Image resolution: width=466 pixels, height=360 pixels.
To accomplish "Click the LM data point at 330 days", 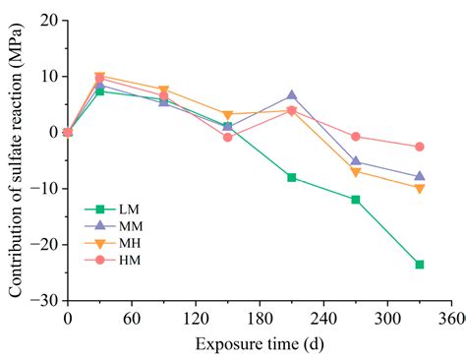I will tap(420, 265).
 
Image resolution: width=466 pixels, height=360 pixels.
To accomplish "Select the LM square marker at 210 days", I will tap(292, 177).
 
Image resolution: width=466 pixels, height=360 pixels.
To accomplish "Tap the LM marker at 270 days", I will tap(356, 200).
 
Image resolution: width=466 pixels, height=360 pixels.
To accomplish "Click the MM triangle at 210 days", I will tap(292, 95).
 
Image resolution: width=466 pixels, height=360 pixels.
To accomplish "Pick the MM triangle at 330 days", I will tap(420, 176).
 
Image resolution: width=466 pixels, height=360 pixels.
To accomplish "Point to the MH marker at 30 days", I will tap(99, 76).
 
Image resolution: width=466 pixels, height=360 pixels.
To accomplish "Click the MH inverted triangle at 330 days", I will tap(420, 188).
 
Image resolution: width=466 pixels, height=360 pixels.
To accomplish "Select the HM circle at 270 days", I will tap(356, 137).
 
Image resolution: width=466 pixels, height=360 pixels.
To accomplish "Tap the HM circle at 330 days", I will tap(420, 147).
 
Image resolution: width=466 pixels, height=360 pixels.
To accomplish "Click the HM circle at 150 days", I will tap(227, 137).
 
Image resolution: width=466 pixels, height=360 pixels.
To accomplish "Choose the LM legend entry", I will tap(117, 209).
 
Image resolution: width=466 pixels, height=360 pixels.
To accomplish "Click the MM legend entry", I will tap(117, 225).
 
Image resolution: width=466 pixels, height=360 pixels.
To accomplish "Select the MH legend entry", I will tap(117, 242).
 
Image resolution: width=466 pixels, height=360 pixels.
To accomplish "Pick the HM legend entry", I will tap(117, 259).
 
